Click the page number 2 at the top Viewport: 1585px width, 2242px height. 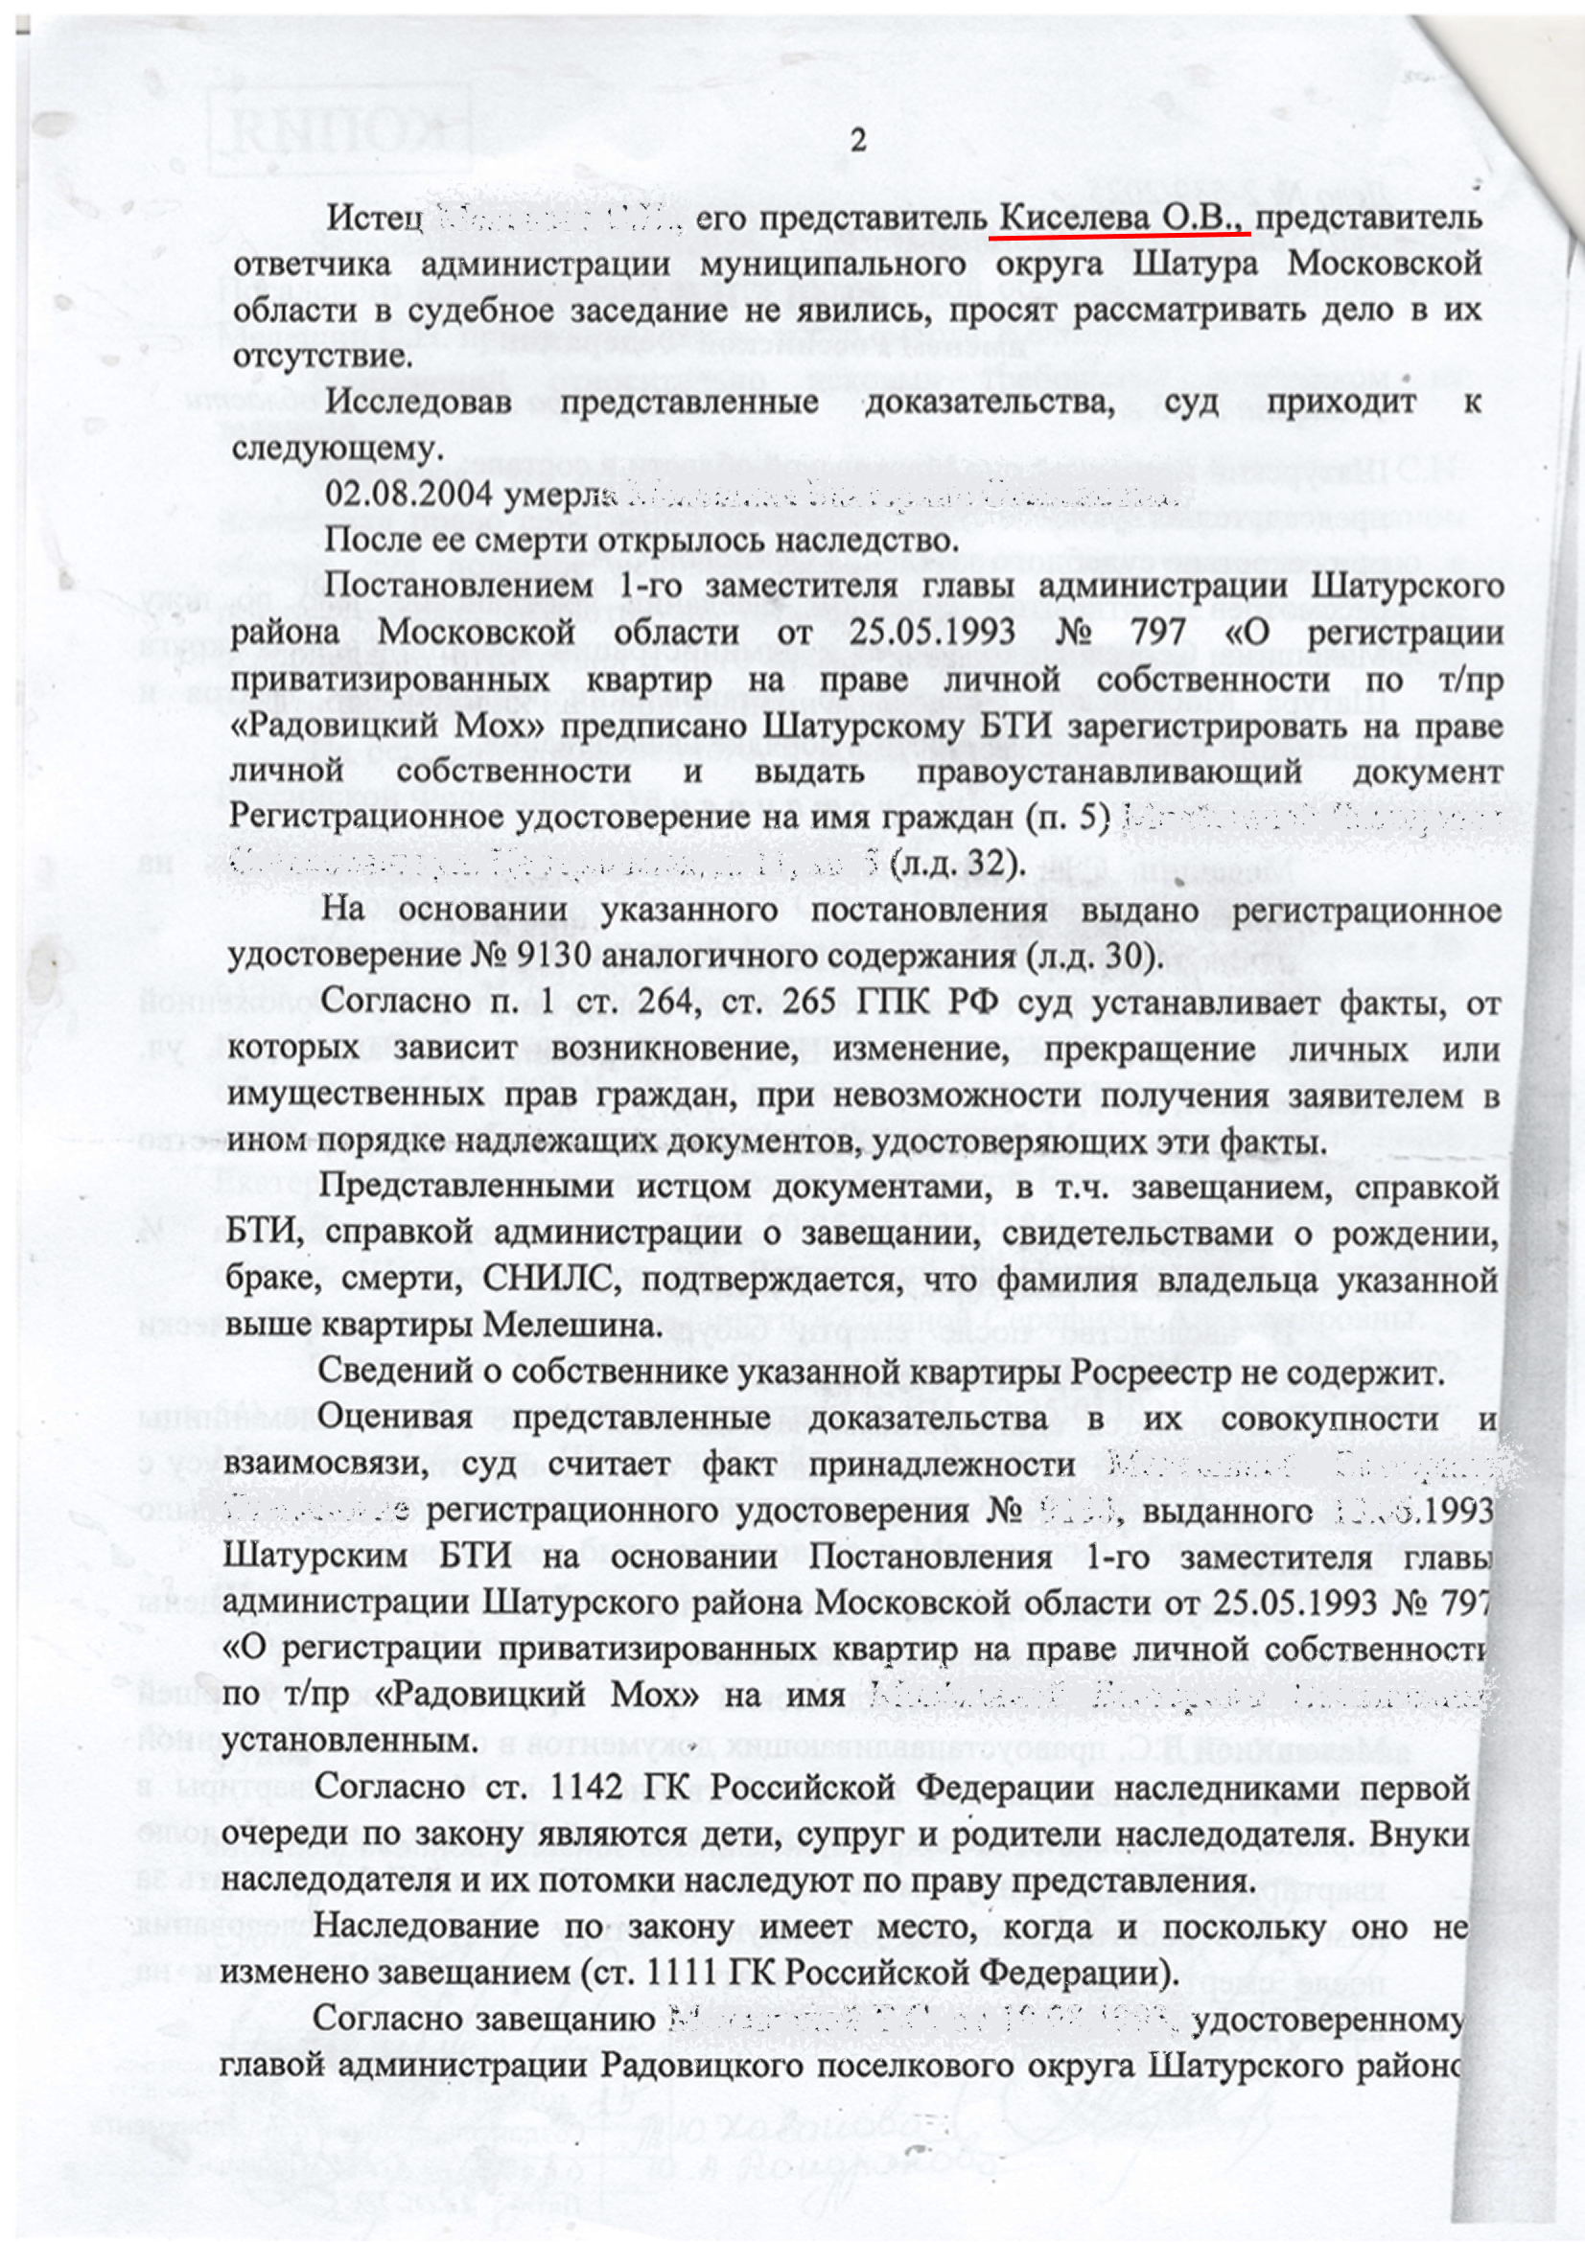857,142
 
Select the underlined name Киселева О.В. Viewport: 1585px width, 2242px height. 1119,218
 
